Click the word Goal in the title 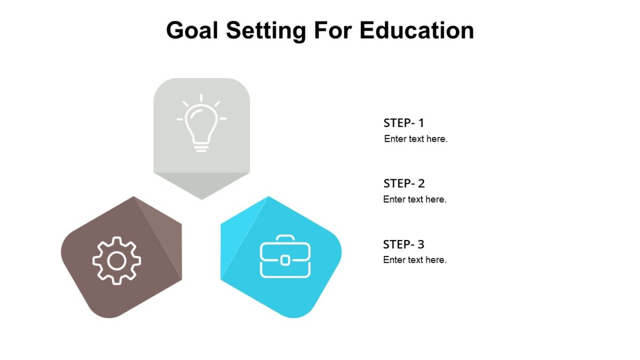coord(192,30)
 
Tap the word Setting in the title coord(266,30)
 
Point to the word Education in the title coord(417,30)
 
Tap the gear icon coord(117,260)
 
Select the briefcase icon coord(285,257)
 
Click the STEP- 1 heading coord(404,123)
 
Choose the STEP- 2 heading coord(404,183)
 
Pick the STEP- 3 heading coord(404,244)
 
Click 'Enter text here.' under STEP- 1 coord(415,139)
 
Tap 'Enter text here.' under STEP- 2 coord(415,199)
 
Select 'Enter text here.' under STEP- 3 coord(415,260)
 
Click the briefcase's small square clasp coord(285,260)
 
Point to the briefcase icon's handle coord(285,238)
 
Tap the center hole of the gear coord(117,261)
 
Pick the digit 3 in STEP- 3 coord(421,244)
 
